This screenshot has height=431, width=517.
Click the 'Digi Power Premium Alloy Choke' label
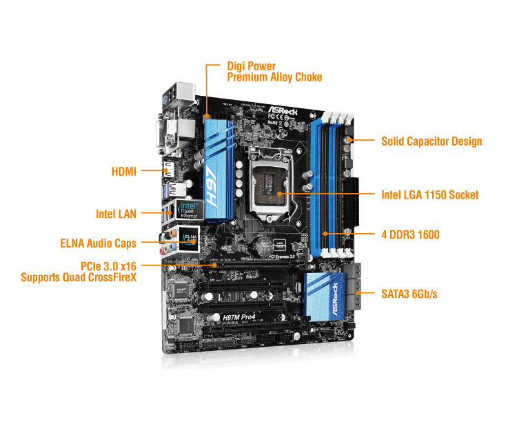(x=274, y=72)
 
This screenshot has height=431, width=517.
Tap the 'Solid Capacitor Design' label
(x=432, y=141)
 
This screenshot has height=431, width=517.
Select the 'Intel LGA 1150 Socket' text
(x=429, y=195)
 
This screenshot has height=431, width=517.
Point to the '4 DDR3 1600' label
(x=410, y=235)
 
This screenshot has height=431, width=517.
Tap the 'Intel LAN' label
(x=116, y=214)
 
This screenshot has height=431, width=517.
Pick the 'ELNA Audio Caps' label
(x=98, y=243)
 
